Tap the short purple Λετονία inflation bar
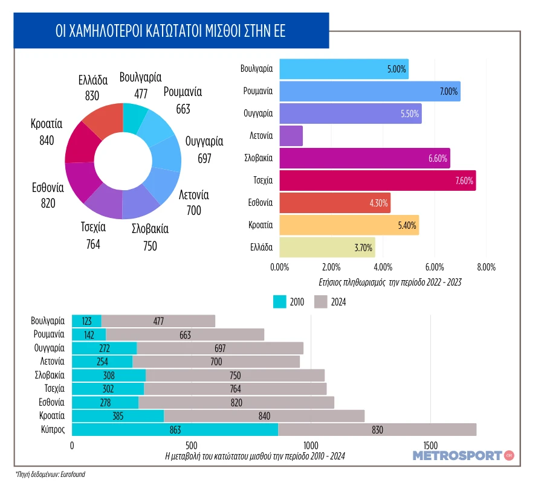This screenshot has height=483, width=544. (x=291, y=136)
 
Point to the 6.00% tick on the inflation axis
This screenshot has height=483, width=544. (x=435, y=266)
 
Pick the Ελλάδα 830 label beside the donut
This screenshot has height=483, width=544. (x=92, y=88)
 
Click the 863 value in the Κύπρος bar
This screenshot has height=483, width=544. (x=175, y=430)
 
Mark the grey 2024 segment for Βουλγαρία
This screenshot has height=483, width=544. (x=158, y=321)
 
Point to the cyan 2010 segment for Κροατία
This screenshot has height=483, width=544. (x=118, y=416)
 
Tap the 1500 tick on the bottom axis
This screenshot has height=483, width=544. (x=430, y=446)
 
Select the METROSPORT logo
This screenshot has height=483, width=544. (x=463, y=455)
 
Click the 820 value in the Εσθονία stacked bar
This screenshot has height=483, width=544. (x=236, y=403)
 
